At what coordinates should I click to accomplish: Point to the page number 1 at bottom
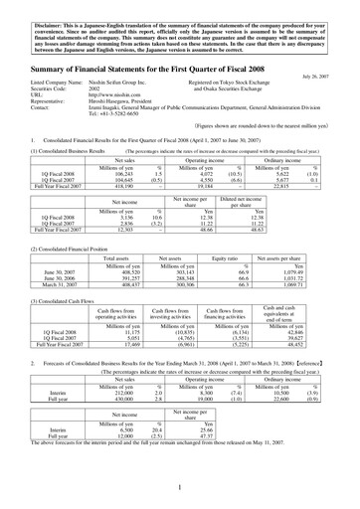(x=180, y=490)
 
